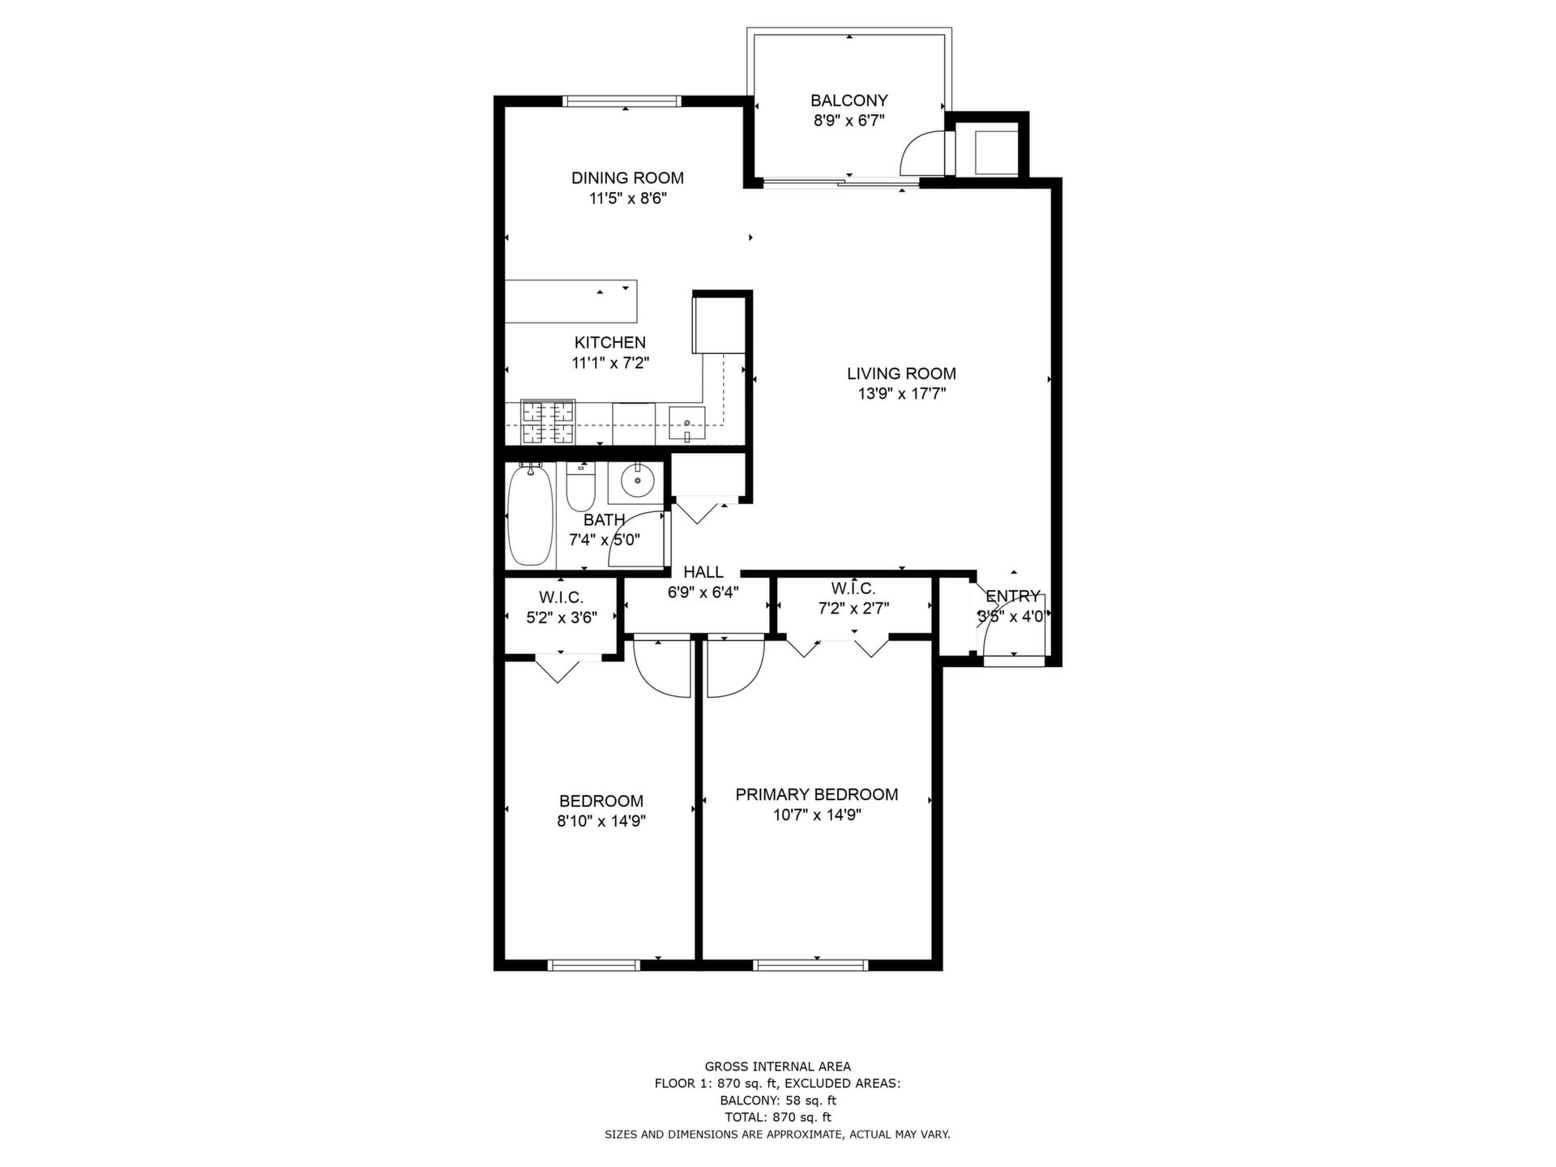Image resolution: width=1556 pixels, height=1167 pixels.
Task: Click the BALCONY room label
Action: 849,100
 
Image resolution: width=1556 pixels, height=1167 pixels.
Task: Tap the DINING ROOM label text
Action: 627,178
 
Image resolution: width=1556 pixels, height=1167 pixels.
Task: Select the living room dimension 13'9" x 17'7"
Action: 902,395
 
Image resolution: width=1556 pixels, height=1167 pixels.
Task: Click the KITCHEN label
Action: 610,343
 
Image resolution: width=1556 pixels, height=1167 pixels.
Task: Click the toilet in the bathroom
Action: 580,485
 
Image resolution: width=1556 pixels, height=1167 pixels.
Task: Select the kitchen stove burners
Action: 548,422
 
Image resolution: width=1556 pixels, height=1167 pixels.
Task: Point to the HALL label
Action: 703,572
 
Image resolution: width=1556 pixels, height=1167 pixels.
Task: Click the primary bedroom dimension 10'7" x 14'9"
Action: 817,815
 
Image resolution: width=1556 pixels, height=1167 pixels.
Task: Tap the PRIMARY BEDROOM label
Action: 817,795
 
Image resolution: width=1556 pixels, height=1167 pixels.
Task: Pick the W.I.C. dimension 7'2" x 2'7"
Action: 853,609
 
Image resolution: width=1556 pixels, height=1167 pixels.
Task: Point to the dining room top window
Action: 622,101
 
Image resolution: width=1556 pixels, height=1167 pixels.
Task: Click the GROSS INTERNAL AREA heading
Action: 778,1067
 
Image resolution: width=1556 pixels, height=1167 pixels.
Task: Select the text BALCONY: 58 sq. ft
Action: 778,1101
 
